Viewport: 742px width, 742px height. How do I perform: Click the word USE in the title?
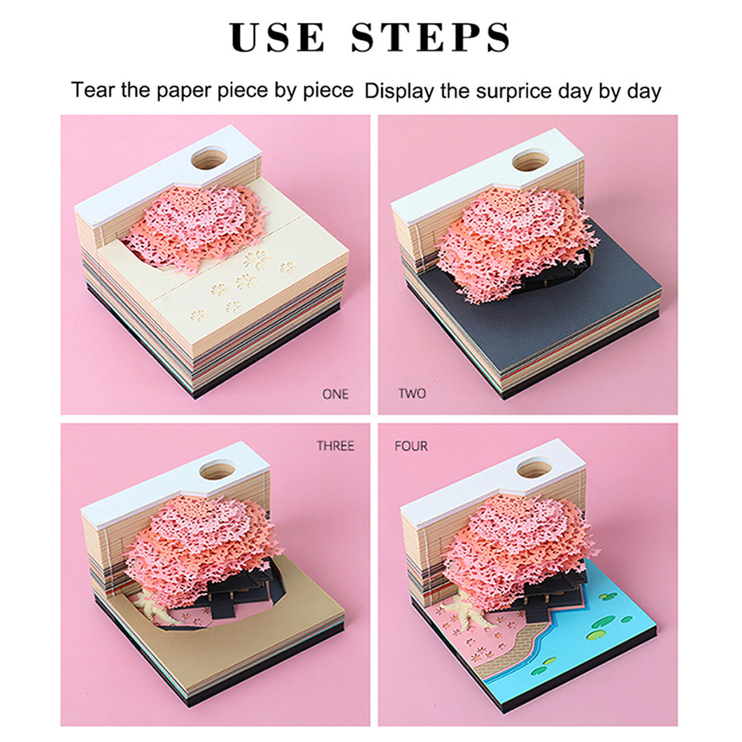click(278, 37)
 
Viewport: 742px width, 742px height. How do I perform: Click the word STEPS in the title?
click(431, 37)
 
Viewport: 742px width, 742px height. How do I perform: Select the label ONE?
click(335, 394)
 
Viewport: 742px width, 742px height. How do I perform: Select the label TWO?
click(412, 394)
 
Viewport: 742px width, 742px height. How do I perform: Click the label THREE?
click(336, 445)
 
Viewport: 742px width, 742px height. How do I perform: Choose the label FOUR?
click(411, 445)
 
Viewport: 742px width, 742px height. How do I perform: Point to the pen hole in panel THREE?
click(217, 471)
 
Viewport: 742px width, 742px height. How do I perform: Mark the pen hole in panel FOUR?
click(534, 469)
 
